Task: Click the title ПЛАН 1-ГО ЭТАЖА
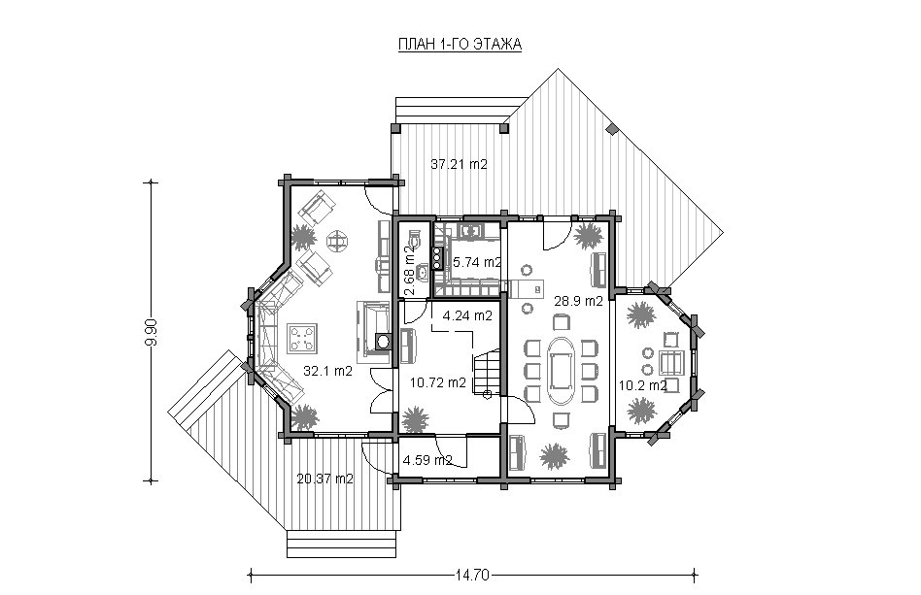click(460, 45)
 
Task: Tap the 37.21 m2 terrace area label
click(459, 164)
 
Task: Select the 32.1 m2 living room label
click(327, 370)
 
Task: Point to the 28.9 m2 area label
click(579, 301)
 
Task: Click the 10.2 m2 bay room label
click(642, 385)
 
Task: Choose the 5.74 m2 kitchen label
click(477, 262)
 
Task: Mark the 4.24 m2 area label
click(467, 315)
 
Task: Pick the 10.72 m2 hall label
click(438, 382)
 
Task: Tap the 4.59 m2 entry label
click(427, 460)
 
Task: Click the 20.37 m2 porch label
click(324, 479)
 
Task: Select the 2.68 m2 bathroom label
click(410, 271)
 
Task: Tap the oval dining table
click(561, 369)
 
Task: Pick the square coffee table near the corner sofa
click(302, 338)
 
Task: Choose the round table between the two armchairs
click(337, 240)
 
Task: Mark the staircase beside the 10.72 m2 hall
click(487, 372)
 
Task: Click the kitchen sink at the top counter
click(470, 231)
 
